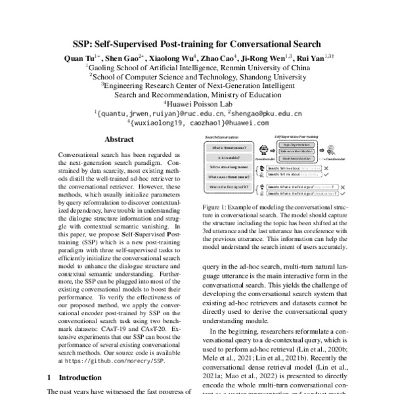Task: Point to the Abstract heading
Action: pyautogui.click(x=120, y=139)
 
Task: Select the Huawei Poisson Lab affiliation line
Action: pyautogui.click(x=197, y=103)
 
